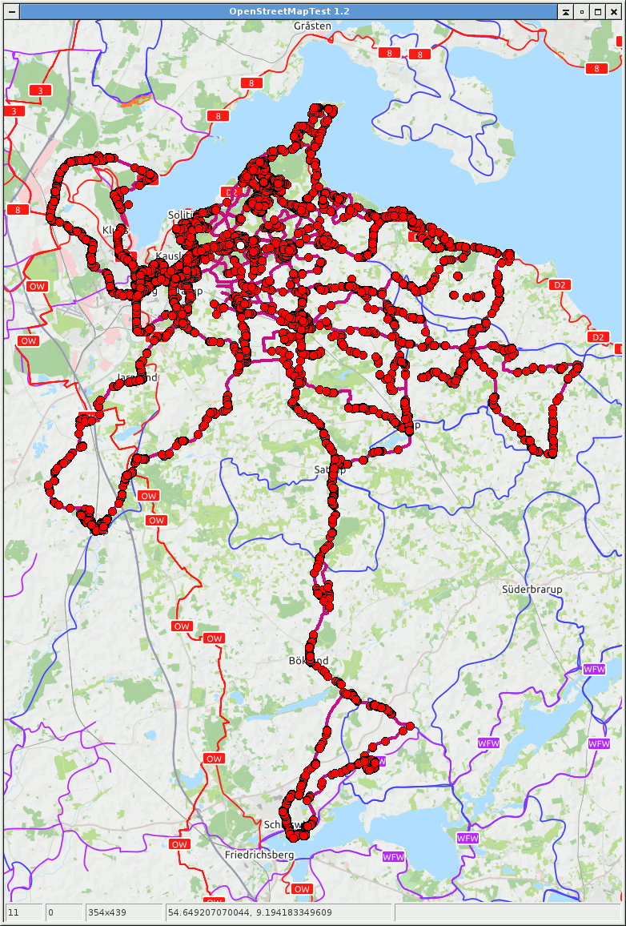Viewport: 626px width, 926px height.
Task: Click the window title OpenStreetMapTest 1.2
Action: (x=289, y=11)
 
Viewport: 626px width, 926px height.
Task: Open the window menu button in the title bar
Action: (x=11, y=11)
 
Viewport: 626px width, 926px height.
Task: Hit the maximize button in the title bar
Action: (x=597, y=11)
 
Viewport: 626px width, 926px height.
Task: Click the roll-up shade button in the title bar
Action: (x=565, y=11)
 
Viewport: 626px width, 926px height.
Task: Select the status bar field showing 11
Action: (x=24, y=912)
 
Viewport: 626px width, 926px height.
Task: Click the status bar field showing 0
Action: (x=63, y=912)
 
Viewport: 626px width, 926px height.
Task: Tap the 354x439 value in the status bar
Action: (x=123, y=912)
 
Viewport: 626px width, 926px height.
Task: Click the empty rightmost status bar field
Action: (x=508, y=912)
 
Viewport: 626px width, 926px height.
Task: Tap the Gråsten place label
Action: (x=312, y=26)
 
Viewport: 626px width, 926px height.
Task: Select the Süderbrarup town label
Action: (x=532, y=589)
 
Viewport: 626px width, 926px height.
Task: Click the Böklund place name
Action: (x=308, y=661)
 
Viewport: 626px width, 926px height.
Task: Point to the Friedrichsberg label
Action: (x=259, y=855)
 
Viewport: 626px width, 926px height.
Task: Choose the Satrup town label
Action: (x=330, y=469)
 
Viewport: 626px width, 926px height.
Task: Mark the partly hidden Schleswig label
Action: (x=276, y=824)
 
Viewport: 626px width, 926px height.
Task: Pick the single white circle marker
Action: (x=240, y=244)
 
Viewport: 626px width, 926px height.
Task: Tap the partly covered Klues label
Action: (x=114, y=230)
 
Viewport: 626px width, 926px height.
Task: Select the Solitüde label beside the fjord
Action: (x=181, y=215)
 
